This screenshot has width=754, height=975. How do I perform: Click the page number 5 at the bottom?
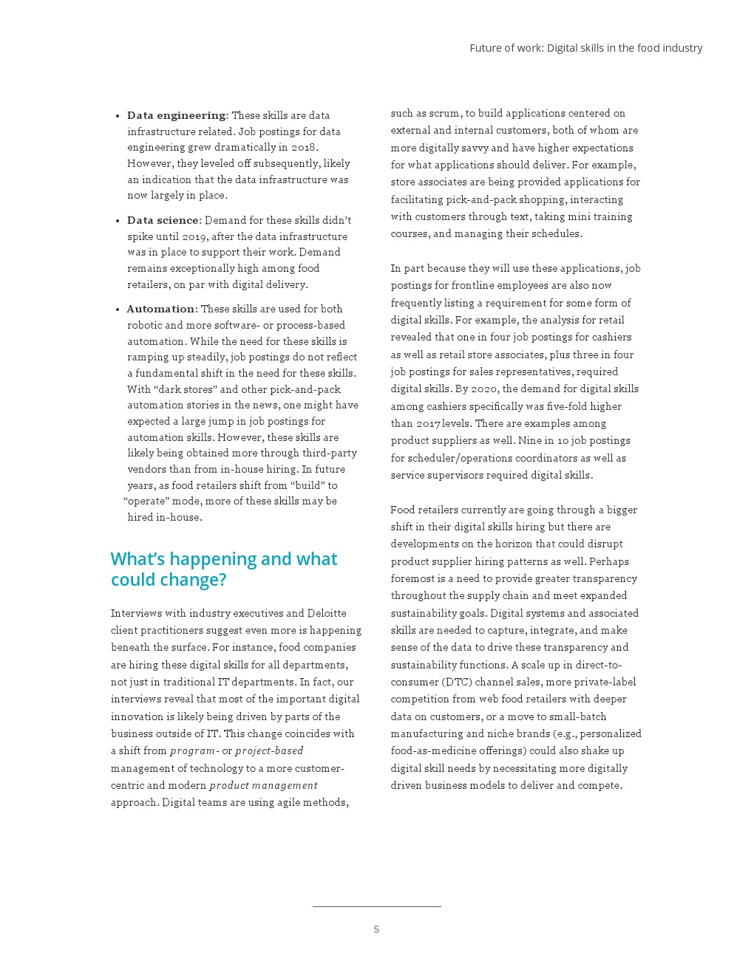pyautogui.click(x=376, y=929)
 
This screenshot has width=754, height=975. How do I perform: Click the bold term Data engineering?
pyautogui.click(x=176, y=115)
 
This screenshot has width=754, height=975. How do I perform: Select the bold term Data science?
pyautogui.click(x=163, y=220)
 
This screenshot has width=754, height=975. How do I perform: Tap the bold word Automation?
pyautogui.click(x=160, y=309)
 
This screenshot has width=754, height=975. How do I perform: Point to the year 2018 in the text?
pyautogui.click(x=303, y=147)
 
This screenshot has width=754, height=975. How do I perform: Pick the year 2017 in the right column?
pyautogui.click(x=428, y=423)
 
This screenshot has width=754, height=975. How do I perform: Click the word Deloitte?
pyautogui.click(x=326, y=613)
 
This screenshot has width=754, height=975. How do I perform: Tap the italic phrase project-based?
pyautogui.click(x=269, y=750)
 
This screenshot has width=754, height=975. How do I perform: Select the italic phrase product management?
pyautogui.click(x=263, y=785)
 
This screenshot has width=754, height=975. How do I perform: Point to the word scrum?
pyautogui.click(x=444, y=113)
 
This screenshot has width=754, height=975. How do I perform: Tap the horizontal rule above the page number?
pyautogui.click(x=376, y=906)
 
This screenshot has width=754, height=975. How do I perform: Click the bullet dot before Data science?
pyautogui.click(x=118, y=221)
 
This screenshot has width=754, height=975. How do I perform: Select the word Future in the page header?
pyautogui.click(x=486, y=48)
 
